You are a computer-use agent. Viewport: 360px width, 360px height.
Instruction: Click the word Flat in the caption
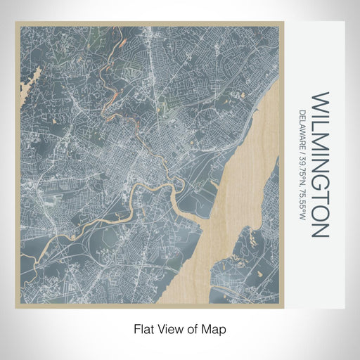[139, 328]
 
